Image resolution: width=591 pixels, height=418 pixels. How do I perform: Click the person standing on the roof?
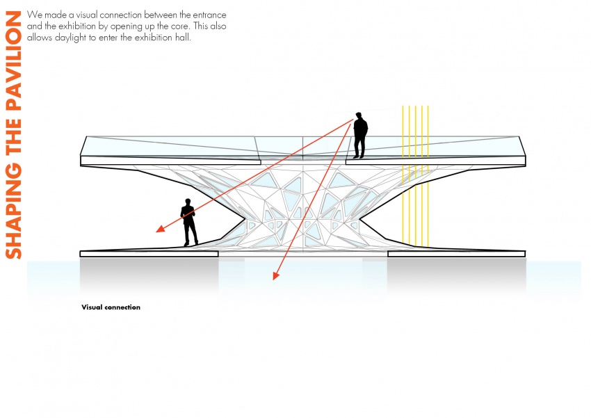point(360,136)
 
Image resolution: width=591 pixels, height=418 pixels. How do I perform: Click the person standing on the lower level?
point(189,223)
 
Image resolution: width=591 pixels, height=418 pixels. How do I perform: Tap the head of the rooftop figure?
point(359,115)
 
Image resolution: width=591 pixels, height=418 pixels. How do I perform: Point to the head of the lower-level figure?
point(188,202)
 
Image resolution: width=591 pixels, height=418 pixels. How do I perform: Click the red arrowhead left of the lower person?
point(160,228)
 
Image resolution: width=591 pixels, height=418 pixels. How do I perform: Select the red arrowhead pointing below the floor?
point(275,275)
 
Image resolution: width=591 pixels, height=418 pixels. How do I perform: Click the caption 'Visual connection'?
point(111,307)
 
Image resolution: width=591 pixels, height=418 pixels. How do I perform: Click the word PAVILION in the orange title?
point(14,61)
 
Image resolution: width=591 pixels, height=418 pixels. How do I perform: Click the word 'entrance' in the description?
point(209,15)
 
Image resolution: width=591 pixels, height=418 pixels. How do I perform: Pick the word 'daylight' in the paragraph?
point(71,38)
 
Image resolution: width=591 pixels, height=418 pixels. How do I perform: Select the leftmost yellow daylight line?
point(403,175)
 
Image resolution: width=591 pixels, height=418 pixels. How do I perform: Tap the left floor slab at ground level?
point(149,254)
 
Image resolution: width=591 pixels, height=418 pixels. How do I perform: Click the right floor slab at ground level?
point(456,254)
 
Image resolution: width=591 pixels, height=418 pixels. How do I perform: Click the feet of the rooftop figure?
point(359,156)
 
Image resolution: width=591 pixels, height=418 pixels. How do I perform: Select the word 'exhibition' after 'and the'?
point(77,26)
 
